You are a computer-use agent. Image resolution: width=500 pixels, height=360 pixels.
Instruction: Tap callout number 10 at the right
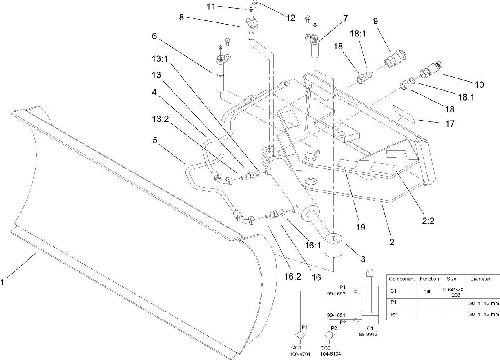tap(479, 85)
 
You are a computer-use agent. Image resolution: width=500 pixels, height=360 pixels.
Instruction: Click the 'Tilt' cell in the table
tap(429, 292)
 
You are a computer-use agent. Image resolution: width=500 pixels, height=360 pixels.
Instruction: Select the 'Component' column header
tap(402, 279)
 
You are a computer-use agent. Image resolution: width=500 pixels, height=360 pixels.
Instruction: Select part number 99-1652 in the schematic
tap(336, 293)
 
